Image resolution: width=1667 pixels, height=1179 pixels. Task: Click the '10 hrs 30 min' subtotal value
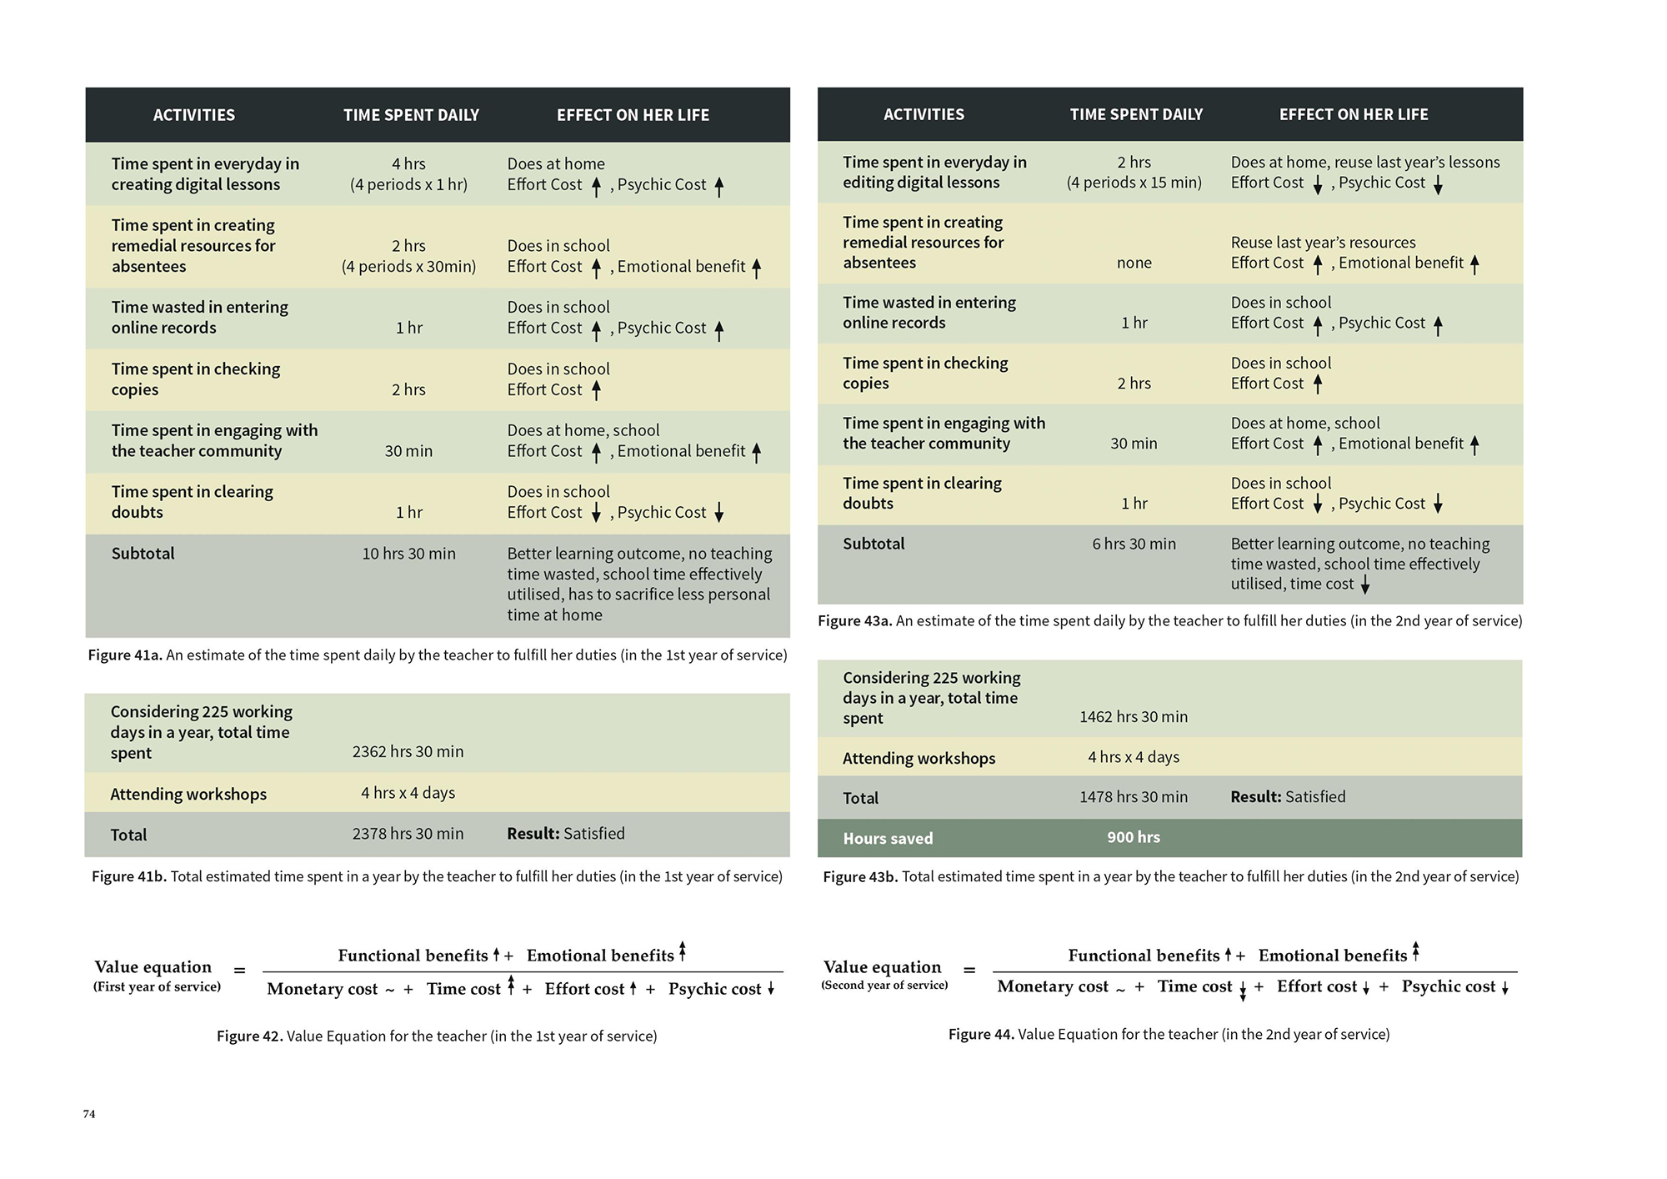click(x=408, y=554)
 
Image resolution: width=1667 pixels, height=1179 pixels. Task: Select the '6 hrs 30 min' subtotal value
click(x=1134, y=544)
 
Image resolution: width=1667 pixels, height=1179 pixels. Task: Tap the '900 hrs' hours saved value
click(x=1133, y=837)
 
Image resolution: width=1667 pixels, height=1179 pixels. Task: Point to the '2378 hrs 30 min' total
click(x=408, y=834)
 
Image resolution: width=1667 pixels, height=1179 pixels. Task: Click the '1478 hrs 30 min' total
click(x=1133, y=797)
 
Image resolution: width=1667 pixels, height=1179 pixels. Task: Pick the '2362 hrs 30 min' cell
click(x=408, y=751)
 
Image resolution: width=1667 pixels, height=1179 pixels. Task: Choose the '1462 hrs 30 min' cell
click(x=1133, y=716)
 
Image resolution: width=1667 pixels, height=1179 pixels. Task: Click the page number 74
click(x=89, y=1114)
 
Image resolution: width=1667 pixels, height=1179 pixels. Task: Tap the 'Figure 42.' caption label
click(x=249, y=1036)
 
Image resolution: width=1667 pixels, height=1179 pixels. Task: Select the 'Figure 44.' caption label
click(x=980, y=1034)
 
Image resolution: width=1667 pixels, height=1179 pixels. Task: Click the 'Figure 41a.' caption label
click(x=124, y=655)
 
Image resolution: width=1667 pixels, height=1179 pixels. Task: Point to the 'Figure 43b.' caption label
click(x=860, y=876)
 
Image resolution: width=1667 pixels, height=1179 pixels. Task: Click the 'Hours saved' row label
click(x=888, y=838)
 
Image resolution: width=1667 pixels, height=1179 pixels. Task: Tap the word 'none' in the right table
click(x=1134, y=263)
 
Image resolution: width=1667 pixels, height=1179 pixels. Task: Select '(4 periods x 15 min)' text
click(x=1134, y=183)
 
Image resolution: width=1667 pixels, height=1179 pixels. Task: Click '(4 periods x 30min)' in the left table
click(x=408, y=267)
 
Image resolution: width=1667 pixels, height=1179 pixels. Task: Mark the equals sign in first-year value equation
click(x=239, y=971)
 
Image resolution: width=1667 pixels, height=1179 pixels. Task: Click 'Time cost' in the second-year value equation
click(x=1194, y=986)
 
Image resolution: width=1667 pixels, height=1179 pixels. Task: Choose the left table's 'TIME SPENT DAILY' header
click(x=411, y=115)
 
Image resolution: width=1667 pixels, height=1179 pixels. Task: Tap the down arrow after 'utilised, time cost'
click(x=1365, y=585)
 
